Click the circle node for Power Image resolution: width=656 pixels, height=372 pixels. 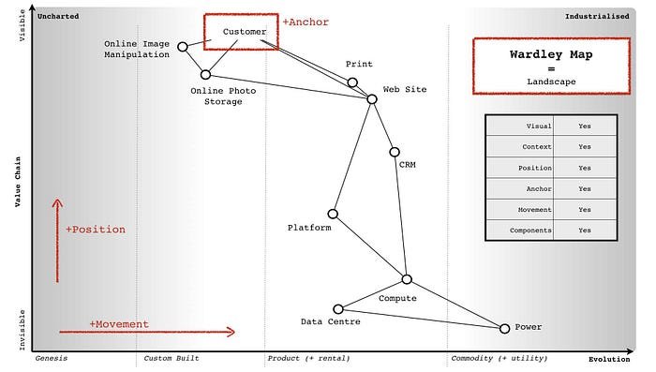504,328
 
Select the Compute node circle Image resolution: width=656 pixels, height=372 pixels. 407,279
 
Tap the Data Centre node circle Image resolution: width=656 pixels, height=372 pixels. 338,308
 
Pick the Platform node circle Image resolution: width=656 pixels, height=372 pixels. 333,214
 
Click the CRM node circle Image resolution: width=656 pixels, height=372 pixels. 395,152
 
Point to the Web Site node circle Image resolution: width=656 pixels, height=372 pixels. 372,98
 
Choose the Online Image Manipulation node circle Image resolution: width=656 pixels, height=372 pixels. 183,46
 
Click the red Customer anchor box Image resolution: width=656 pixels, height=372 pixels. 241,31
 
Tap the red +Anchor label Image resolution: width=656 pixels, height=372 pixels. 306,22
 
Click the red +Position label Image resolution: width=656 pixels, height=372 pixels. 95,229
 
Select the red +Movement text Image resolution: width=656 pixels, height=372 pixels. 119,324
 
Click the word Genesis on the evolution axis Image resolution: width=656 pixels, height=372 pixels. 52,359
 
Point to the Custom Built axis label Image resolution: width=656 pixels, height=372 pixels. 171,359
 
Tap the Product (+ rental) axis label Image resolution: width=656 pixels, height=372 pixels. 308,359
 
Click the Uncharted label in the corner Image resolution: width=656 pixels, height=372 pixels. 57,16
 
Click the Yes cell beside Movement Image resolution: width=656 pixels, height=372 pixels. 585,210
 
